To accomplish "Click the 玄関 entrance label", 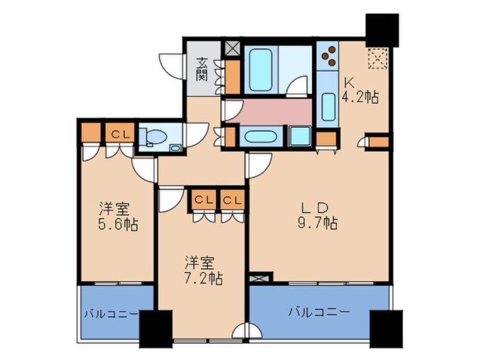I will (202, 68).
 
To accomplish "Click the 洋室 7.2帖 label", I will (202, 271).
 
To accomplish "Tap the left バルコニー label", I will (111, 313).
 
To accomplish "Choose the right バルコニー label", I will (318, 311).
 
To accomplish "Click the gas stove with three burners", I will (328, 56).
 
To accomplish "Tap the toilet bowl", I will (156, 136).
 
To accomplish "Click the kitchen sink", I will (328, 106).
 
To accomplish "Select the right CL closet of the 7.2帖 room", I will (233, 199).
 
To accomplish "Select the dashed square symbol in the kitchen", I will (377, 58).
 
